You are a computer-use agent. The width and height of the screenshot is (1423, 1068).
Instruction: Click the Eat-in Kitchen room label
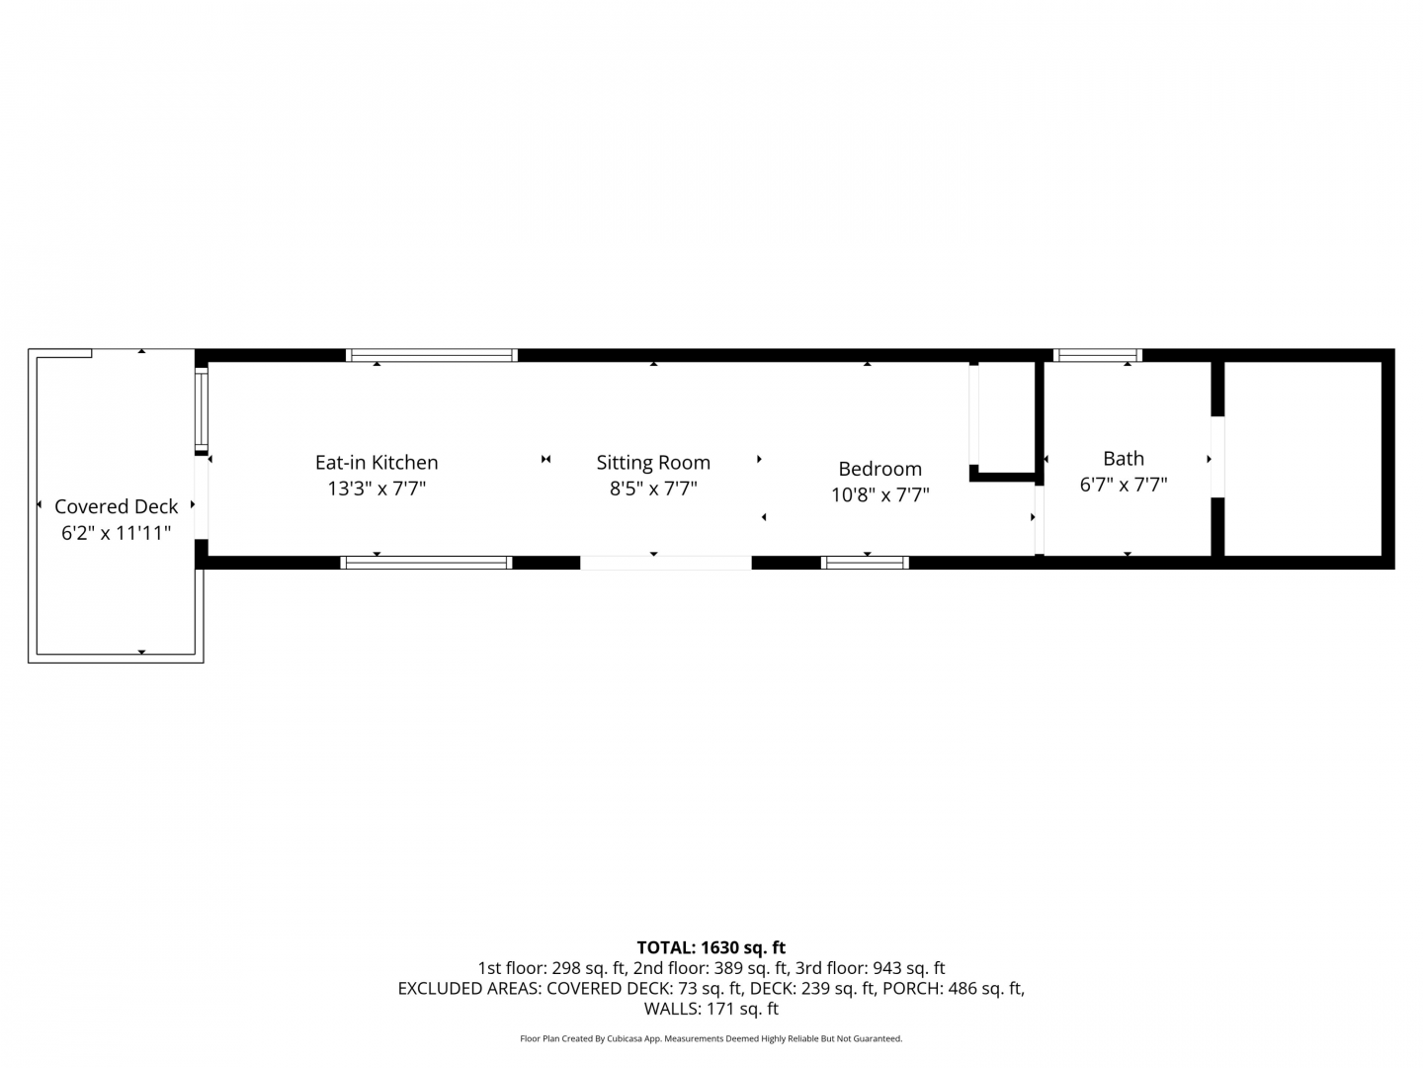[x=377, y=463]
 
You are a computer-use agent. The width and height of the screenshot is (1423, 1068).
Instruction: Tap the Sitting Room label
[x=653, y=463]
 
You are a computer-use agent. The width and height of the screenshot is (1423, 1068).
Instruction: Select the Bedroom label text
[x=879, y=469]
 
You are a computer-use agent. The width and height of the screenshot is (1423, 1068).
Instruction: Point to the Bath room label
[x=1124, y=459]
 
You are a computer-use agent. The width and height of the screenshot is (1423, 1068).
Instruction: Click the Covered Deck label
[x=116, y=506]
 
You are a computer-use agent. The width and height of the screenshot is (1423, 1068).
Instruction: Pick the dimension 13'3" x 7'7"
[x=377, y=489]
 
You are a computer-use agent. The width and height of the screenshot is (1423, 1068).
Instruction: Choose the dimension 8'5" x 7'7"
[x=653, y=489]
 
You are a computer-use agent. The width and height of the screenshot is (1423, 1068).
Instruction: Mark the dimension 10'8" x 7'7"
[x=879, y=494]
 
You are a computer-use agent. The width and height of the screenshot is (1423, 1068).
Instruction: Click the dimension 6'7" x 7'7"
[x=1124, y=485]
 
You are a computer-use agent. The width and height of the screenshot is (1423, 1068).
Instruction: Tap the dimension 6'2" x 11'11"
[x=116, y=533]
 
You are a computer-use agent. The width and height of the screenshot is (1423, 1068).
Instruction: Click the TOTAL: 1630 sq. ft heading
[x=711, y=947]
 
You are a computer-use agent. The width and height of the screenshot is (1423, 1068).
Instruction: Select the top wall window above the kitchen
[x=431, y=355]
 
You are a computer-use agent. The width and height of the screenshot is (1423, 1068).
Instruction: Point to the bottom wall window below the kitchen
[x=426, y=563]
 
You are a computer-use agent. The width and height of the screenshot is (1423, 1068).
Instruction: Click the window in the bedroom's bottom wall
[x=865, y=563]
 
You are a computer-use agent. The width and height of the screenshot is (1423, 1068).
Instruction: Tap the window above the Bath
[x=1097, y=355]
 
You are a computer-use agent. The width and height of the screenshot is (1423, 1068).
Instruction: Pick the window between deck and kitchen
[x=202, y=409]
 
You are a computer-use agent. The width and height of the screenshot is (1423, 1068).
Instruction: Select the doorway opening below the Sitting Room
[x=666, y=563]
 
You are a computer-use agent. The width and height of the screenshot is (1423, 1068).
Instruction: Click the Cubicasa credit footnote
[x=711, y=1038]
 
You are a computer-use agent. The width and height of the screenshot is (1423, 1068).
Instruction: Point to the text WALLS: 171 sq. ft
[x=711, y=1009]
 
